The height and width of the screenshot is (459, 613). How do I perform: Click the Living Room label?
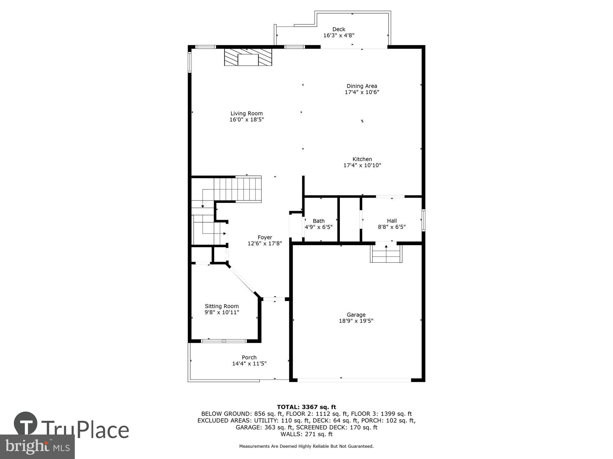[246, 114]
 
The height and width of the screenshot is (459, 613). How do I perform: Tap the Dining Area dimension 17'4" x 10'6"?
[362, 92]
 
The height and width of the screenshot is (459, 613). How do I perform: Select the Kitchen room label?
[362, 159]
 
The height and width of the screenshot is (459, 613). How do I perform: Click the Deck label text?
[339, 29]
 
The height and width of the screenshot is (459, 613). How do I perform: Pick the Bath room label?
[318, 221]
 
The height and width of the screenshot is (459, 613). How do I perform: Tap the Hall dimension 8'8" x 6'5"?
[392, 227]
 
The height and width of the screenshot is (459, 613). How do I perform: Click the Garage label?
[356, 315]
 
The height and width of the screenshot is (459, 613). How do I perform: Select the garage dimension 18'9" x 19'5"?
[356, 321]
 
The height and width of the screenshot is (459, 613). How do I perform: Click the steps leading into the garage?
[386, 252]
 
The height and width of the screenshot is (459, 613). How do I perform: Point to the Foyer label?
[265, 237]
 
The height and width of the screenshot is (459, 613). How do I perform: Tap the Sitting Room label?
[222, 306]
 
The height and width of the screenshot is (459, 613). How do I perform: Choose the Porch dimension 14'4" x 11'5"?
[249, 364]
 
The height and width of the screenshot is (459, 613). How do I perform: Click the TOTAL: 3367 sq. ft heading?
[306, 407]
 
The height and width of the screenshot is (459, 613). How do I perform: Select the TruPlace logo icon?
[26, 424]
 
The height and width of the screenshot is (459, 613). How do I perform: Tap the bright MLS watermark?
[37, 446]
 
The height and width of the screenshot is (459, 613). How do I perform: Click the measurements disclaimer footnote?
[306, 446]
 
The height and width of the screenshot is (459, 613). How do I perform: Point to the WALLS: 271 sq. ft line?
[306, 434]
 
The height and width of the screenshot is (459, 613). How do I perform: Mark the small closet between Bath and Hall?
[350, 219]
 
